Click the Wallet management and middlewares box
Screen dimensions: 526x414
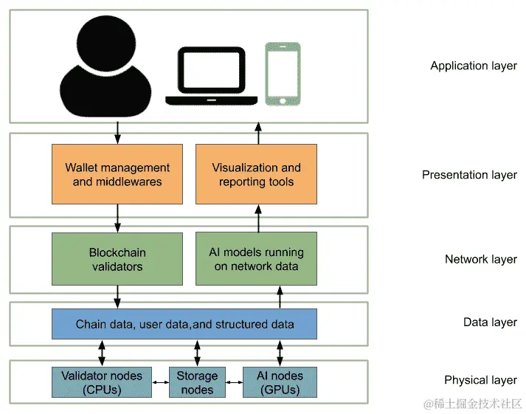(117, 174)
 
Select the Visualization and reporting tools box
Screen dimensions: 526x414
(256, 174)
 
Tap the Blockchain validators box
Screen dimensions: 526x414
(117, 259)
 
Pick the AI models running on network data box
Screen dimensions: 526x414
(256, 259)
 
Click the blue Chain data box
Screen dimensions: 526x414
(184, 324)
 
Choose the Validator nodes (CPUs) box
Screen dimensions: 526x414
(102, 382)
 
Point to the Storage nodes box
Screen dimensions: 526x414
(197, 382)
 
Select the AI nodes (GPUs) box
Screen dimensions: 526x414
(280, 382)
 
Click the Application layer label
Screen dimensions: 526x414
(474, 66)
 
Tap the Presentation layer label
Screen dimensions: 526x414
(469, 175)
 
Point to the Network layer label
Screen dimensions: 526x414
(481, 259)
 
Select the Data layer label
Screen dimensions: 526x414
(490, 322)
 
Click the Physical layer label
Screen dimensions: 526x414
(481, 380)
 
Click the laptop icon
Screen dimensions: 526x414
(211, 76)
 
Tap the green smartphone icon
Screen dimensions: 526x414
(283, 74)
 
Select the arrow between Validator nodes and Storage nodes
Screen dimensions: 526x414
(160, 382)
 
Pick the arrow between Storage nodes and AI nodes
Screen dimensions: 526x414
(234, 382)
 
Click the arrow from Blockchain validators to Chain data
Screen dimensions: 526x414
(117, 297)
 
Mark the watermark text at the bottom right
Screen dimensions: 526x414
(473, 404)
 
